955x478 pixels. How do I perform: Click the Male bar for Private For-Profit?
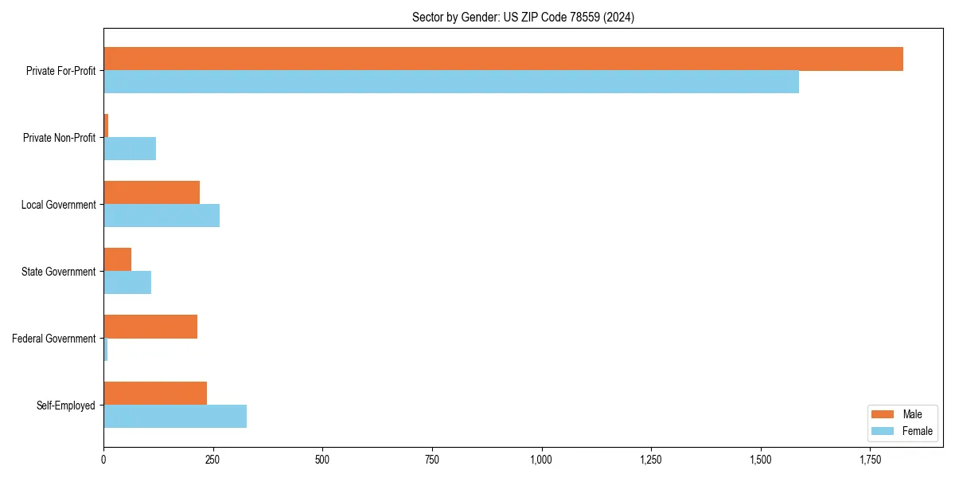(x=503, y=59)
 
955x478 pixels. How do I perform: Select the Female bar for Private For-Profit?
(x=451, y=82)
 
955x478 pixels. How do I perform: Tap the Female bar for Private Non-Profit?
(x=130, y=149)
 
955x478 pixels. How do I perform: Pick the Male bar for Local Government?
(x=151, y=193)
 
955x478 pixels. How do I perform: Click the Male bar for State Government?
(x=117, y=260)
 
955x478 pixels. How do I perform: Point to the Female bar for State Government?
(x=127, y=283)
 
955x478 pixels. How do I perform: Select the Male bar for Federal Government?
(x=150, y=327)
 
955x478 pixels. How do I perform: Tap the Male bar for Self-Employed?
(x=155, y=394)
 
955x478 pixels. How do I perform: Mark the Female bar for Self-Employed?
(x=175, y=417)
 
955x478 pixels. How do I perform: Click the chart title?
(x=523, y=17)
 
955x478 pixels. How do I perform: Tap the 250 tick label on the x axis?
(x=212, y=460)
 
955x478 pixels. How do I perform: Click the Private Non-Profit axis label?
(x=59, y=138)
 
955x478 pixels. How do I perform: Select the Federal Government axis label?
(x=54, y=339)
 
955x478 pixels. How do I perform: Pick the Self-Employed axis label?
(x=66, y=406)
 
